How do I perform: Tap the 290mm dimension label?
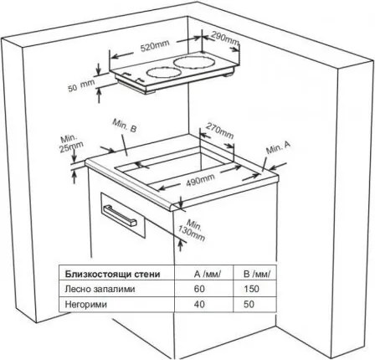click(225, 38)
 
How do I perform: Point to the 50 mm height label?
click(81, 86)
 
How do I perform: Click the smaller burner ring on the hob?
click(163, 73)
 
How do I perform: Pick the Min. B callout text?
click(125, 126)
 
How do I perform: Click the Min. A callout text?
click(278, 147)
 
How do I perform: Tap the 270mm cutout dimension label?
click(219, 131)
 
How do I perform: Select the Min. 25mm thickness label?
click(71, 143)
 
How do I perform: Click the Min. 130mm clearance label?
click(194, 230)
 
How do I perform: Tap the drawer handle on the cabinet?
click(120, 215)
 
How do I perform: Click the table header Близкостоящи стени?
click(113, 274)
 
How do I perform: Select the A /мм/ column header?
click(208, 274)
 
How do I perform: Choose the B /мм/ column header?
click(257, 274)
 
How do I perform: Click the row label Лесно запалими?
click(100, 289)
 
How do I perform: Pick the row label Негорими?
click(85, 304)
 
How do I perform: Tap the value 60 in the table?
click(199, 289)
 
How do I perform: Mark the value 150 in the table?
click(251, 289)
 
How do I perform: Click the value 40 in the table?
click(199, 304)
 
